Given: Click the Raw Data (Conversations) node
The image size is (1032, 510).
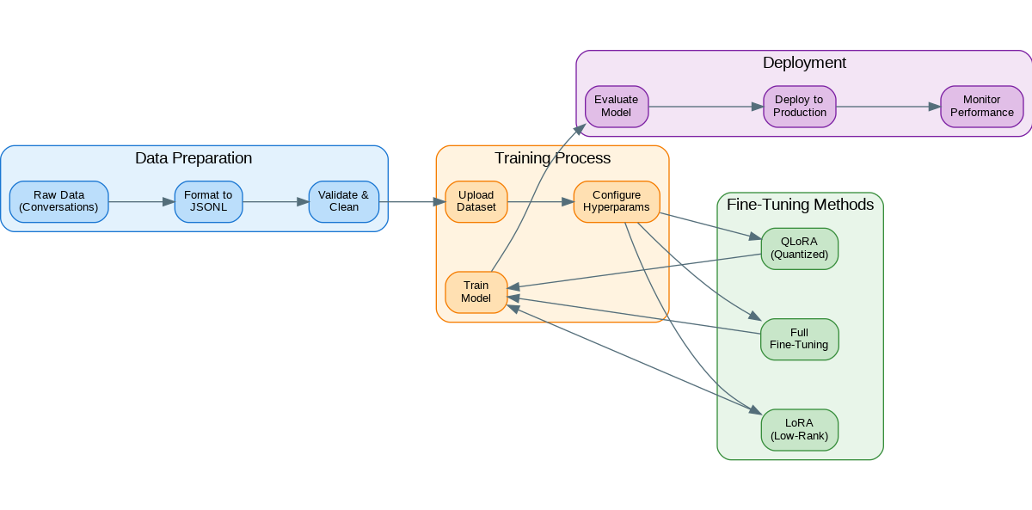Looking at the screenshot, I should [x=58, y=201].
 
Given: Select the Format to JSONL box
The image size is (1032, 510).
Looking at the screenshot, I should [x=208, y=201].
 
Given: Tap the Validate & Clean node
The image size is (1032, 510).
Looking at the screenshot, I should [x=344, y=201].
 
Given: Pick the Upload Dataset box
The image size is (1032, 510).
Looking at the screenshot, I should [x=476, y=201].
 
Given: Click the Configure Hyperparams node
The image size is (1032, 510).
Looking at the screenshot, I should [x=617, y=201].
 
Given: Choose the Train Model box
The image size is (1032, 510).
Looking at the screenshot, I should [x=476, y=292].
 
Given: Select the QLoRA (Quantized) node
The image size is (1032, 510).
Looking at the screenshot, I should [x=800, y=248].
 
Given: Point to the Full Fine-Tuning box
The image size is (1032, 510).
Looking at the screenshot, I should [x=800, y=339].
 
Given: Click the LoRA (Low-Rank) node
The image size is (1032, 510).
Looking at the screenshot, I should [x=800, y=429].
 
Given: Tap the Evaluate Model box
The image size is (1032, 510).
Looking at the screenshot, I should [x=617, y=107].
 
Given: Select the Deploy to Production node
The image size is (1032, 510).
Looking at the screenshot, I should [x=800, y=107].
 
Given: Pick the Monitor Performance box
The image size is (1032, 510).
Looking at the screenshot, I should [x=982, y=107].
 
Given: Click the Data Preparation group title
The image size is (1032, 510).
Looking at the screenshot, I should [x=193, y=158].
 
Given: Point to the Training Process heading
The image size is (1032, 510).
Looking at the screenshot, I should [x=552, y=158].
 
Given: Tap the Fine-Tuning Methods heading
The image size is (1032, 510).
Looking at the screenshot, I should [x=800, y=205].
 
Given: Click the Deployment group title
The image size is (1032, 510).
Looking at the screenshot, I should [x=804, y=63].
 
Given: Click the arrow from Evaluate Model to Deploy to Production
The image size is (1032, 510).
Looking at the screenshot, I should [x=705, y=108].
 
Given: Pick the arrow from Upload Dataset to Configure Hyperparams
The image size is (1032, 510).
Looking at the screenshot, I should [x=540, y=202].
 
